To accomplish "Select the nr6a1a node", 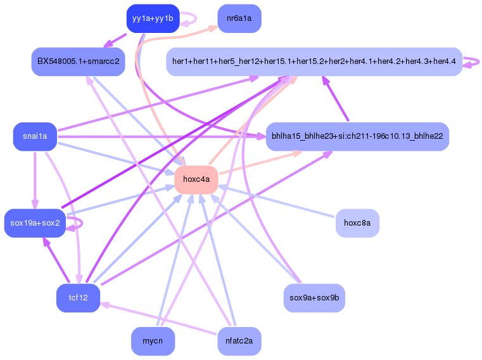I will [239, 18].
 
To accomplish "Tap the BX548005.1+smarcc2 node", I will [78, 62].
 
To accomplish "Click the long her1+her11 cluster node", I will [314, 62].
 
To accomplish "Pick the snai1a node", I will [35, 136].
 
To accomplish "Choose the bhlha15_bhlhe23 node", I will [357, 136].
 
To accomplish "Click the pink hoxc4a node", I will [196, 179].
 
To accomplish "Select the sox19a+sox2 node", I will [35, 223].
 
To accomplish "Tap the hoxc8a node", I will [357, 223].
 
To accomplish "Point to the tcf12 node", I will [78, 298].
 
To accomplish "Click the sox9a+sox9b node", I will [314, 298].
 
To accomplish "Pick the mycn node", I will [153, 341].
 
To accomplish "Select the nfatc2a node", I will [239, 341].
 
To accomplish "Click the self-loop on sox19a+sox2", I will [77, 222].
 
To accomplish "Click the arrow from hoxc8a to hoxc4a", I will [279, 202].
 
